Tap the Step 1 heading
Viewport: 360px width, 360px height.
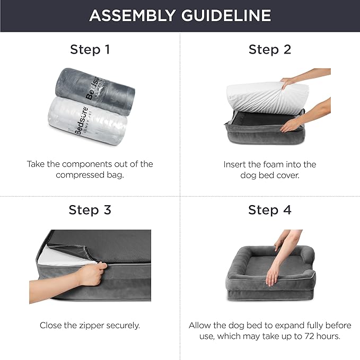click(x=90, y=50)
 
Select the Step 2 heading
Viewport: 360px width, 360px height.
click(x=270, y=50)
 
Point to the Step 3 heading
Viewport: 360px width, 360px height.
click(x=90, y=210)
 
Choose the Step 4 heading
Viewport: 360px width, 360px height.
click(x=270, y=210)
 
